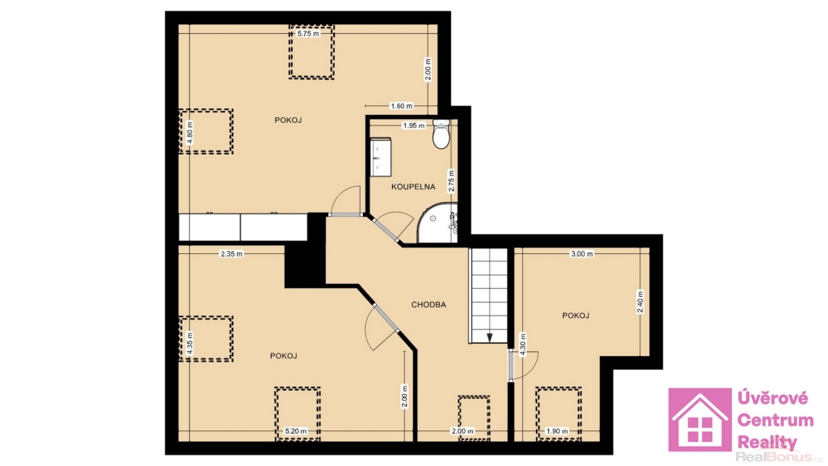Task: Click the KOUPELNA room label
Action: point(413,187)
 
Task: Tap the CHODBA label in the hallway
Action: point(429,304)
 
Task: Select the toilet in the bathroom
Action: point(441,133)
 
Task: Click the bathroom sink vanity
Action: point(380,157)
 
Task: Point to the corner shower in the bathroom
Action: point(437,223)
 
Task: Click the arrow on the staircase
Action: point(489,337)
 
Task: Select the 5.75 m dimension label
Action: point(308,33)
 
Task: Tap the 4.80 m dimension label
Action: point(190,132)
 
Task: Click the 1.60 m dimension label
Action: point(401,106)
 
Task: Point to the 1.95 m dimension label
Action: point(413,125)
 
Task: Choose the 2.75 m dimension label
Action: point(451,180)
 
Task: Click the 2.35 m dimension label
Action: point(231,253)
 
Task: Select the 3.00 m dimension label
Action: point(582,253)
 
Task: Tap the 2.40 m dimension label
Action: point(640,302)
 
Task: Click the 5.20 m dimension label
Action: point(296,431)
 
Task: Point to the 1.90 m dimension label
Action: point(557,431)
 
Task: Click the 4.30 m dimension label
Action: point(523,345)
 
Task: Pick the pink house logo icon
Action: point(699,420)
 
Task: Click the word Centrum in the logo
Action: point(775,421)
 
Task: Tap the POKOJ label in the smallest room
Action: point(575,316)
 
